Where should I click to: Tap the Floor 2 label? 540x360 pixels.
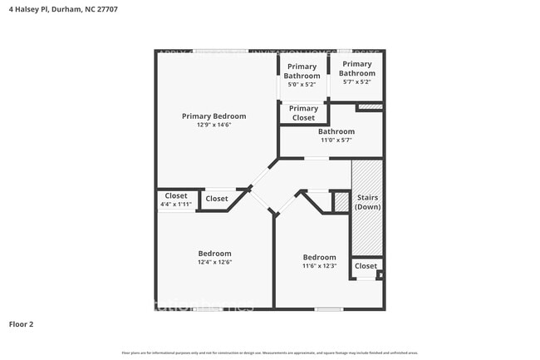pos(22,323)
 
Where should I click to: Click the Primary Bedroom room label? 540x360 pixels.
pos(214,116)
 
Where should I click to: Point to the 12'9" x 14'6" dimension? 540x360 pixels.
pos(214,126)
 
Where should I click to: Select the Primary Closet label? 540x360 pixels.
pos(303,113)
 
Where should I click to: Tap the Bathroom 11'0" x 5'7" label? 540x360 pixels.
pos(336,136)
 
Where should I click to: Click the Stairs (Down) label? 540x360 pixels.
pos(367,202)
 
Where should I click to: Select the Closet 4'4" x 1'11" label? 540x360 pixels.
pos(175,200)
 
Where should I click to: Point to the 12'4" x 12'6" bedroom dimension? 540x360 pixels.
pos(214,263)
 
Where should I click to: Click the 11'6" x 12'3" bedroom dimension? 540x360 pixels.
pos(319,266)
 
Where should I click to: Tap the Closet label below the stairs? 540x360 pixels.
pos(366,267)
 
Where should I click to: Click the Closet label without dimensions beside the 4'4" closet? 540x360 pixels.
pos(217,199)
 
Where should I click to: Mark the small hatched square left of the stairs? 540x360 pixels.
pos(341,202)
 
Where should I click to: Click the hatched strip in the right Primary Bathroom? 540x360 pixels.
pos(370,107)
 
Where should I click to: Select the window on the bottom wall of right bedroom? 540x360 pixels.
pos(329,309)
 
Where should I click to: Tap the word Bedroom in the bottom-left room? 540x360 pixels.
pos(214,254)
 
